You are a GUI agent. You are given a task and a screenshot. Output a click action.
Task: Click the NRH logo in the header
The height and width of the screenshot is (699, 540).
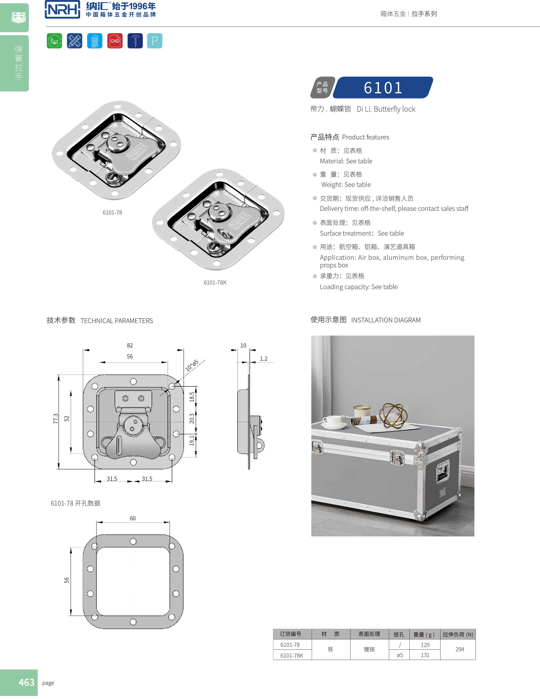pos(62,9)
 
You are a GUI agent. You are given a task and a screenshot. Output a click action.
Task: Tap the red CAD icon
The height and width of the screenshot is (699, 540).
pos(115,41)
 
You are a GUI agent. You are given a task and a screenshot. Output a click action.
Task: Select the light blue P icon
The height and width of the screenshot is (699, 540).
pos(155,41)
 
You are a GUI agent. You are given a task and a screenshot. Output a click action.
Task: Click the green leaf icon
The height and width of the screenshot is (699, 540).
pos(54,41)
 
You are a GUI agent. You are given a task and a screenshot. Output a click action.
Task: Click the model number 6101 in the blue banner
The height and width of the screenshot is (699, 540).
pos(383,88)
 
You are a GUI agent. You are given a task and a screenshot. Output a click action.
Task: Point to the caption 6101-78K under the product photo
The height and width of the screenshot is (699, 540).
pos(215,283)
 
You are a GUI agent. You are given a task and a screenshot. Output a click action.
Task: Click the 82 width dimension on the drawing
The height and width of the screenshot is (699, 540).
pos(130,345)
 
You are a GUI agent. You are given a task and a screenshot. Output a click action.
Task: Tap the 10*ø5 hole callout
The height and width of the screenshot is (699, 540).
pos(192,365)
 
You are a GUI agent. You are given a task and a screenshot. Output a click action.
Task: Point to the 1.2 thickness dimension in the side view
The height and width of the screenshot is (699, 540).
pos(263,359)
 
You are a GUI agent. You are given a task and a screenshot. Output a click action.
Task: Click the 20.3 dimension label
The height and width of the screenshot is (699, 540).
pos(192,419)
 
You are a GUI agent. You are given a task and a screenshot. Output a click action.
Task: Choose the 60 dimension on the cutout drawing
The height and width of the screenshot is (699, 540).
pos(133,518)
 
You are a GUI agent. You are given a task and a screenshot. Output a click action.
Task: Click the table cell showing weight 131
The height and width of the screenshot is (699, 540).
pos(425,655)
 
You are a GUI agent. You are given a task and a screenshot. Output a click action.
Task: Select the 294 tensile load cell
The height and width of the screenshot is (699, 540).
pos(460,649)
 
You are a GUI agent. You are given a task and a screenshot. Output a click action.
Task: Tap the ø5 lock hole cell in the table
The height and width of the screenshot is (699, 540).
pos(400,655)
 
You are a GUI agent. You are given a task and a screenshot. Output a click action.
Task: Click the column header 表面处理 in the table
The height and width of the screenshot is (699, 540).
pos(369,634)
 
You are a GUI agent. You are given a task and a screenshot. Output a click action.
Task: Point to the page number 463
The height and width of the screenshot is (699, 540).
pos(26,682)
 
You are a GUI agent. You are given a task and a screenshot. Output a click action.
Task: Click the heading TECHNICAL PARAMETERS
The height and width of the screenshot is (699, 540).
pos(116,321)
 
